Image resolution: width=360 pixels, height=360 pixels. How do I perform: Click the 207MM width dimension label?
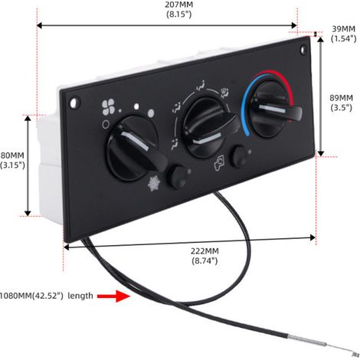178,9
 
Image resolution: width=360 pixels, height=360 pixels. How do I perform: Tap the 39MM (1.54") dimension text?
343,34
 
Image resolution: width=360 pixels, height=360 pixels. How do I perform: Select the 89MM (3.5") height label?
342,103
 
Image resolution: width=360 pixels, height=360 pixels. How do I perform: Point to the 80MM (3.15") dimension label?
12,160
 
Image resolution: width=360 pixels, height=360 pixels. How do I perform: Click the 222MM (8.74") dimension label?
205,256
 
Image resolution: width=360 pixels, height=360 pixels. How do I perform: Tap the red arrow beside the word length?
114,296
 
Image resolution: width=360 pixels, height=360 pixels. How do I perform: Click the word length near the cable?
80,296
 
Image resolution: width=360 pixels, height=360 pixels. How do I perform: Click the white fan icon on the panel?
108,107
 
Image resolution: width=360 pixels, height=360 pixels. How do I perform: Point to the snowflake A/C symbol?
154,183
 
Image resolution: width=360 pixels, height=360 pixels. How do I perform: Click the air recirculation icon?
220,163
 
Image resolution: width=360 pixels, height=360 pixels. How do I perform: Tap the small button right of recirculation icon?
239,156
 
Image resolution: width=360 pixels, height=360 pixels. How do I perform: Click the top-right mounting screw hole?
303,49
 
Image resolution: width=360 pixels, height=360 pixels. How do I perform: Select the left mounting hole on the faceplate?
74,103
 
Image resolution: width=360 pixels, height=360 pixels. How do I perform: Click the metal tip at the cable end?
355,354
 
